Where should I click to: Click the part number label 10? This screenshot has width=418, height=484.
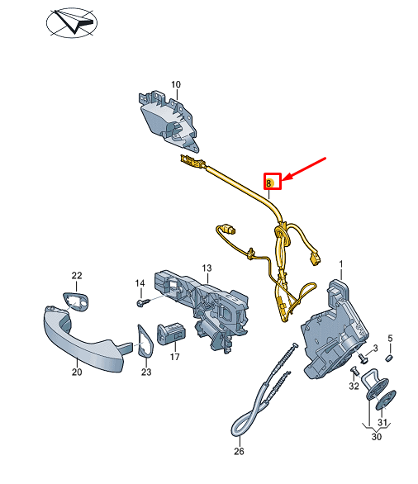click(x=175, y=84)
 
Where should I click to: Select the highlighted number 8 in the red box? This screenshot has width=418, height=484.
click(x=272, y=180)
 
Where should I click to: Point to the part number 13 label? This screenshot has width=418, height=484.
click(x=207, y=268)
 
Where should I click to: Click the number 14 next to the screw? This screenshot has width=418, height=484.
click(x=140, y=283)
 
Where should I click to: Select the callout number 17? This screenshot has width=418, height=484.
click(x=175, y=358)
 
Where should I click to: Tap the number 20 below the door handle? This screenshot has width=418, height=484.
click(x=77, y=372)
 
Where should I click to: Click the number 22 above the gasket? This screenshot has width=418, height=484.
click(x=77, y=275)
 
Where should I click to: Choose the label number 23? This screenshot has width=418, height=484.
click(x=146, y=372)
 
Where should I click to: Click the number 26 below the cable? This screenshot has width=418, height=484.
click(x=240, y=451)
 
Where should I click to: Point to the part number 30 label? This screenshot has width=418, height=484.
click(x=377, y=438)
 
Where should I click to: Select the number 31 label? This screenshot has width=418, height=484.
click(x=382, y=423)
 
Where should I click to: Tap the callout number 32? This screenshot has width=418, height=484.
click(x=354, y=386)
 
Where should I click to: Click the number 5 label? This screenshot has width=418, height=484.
click(x=391, y=338)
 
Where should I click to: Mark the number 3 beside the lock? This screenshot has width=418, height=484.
click(x=375, y=349)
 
